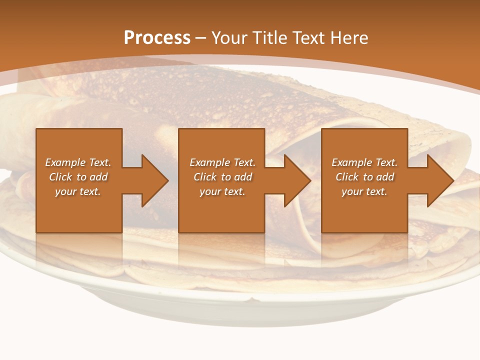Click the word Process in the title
[157, 37]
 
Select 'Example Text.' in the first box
[78, 162]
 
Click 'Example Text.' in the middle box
[222, 162]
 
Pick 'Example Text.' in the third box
[364, 162]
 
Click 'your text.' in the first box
[78, 191]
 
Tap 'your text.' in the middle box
[222, 191]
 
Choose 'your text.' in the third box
[364, 191]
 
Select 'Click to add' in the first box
[78, 177]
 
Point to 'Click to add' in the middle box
[222, 177]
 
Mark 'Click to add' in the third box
[364, 177]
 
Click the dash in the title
[201, 38]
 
